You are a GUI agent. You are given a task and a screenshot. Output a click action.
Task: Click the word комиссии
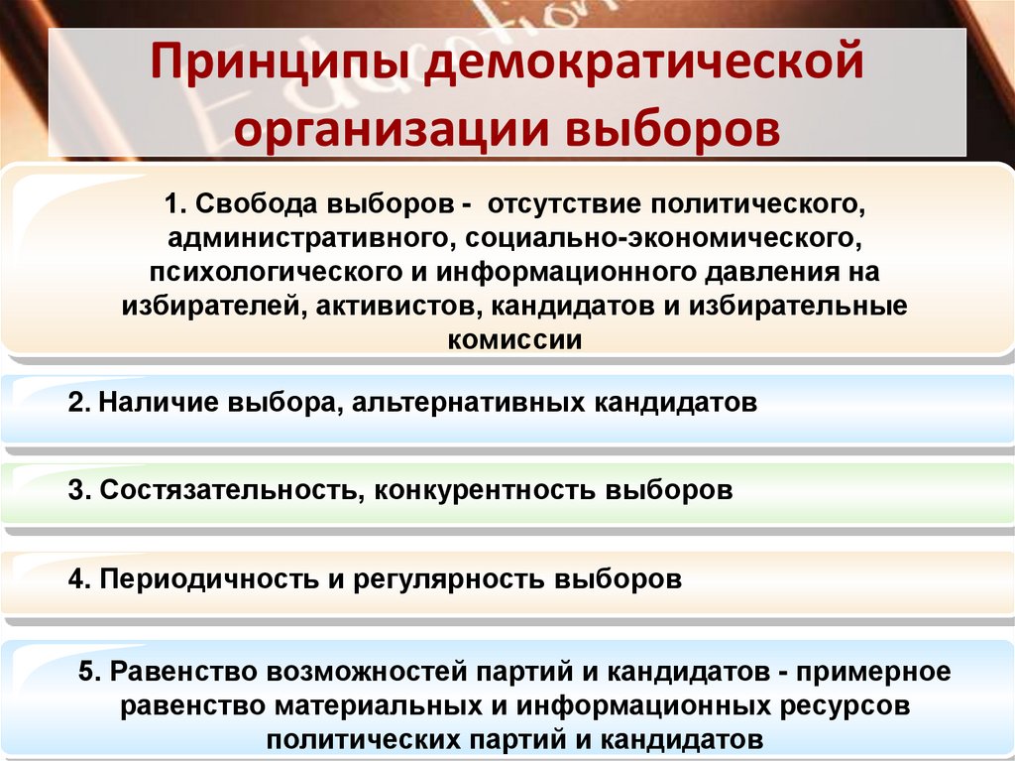tap(508, 338)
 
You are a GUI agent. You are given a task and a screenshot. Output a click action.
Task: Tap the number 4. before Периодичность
tap(80, 579)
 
